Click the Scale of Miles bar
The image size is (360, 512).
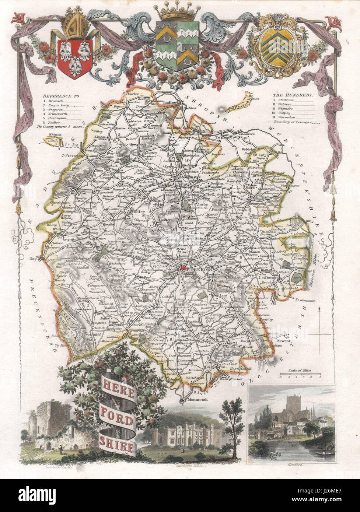300,376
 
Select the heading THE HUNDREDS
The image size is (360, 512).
293,95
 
